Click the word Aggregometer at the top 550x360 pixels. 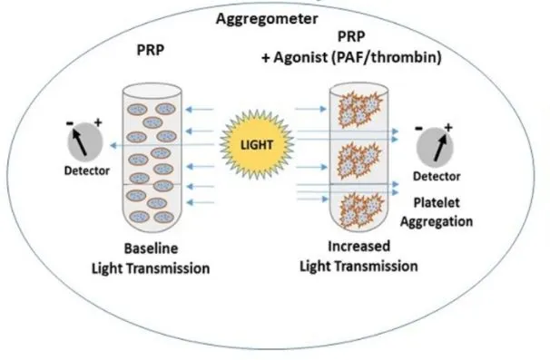[267, 19]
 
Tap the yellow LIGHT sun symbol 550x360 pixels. [257, 144]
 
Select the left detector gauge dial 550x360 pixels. [85, 142]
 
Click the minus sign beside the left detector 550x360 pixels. [70, 123]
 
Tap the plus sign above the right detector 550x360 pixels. [448, 127]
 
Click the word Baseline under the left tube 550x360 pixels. [152, 248]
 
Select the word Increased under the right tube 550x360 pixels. [358, 246]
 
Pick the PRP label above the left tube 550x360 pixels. [151, 50]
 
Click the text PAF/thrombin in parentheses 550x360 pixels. [387, 57]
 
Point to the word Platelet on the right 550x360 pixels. [437, 202]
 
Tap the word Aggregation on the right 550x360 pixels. [437, 221]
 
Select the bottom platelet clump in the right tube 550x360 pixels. [360, 211]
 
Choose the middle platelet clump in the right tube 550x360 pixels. [358, 161]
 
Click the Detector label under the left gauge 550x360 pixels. [87, 170]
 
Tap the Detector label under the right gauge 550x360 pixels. [437, 176]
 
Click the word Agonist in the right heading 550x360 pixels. [300, 57]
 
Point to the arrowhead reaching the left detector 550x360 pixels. [113, 145]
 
